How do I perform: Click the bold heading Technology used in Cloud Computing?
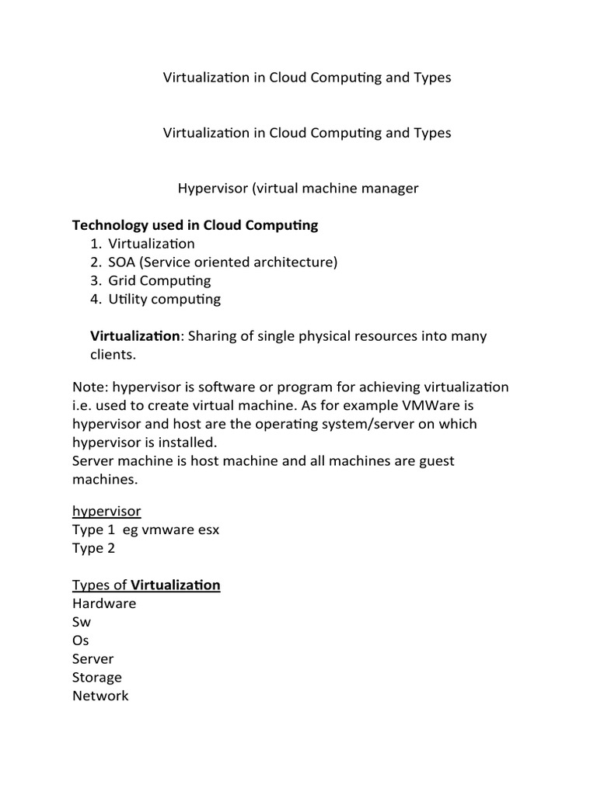(195, 226)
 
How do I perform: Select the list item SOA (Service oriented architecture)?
(223, 262)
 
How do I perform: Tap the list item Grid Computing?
(159, 281)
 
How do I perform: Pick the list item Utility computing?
(165, 300)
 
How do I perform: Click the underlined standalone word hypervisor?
(106, 511)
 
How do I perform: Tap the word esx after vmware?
(207, 529)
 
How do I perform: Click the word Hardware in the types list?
(104, 603)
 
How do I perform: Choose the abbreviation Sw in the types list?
(82, 622)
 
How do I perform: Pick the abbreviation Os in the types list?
(81, 641)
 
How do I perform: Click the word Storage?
(97, 677)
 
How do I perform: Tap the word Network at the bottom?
(100, 696)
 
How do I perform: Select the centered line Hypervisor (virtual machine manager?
(298, 189)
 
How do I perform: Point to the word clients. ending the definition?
(113, 355)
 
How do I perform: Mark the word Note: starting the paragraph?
(89, 387)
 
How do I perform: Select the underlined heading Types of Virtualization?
(146, 585)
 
